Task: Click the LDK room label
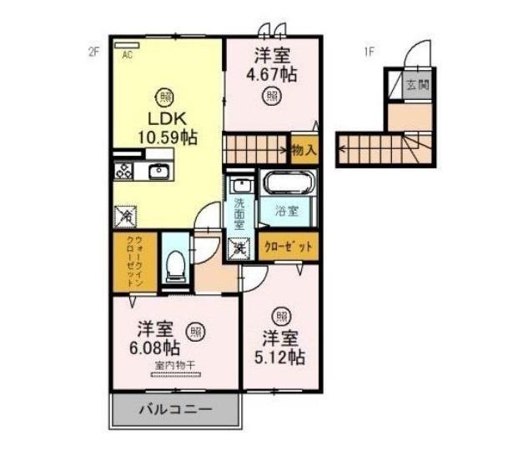pos(161,118)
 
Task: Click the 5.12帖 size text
pos(281,357)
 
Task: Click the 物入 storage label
pos(304,151)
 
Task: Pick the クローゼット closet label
pos(289,247)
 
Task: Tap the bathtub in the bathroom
pos(288,183)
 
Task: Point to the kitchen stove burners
pos(122,172)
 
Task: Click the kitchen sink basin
pos(158,172)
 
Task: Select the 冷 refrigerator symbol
pos(123,216)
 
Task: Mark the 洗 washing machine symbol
pos(238,247)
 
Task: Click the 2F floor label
pos(93,52)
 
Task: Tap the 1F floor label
pos(368,52)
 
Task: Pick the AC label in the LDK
pos(128,55)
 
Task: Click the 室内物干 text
pos(174,366)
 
